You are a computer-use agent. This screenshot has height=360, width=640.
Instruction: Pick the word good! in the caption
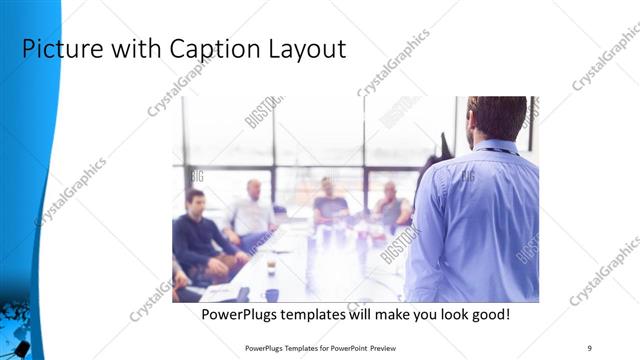click(x=489, y=314)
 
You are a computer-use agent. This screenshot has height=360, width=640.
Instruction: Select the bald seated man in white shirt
click(x=250, y=210)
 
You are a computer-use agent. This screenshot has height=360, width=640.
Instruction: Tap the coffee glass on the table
click(x=270, y=265)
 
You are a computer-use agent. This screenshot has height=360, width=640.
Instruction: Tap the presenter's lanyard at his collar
click(x=495, y=150)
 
